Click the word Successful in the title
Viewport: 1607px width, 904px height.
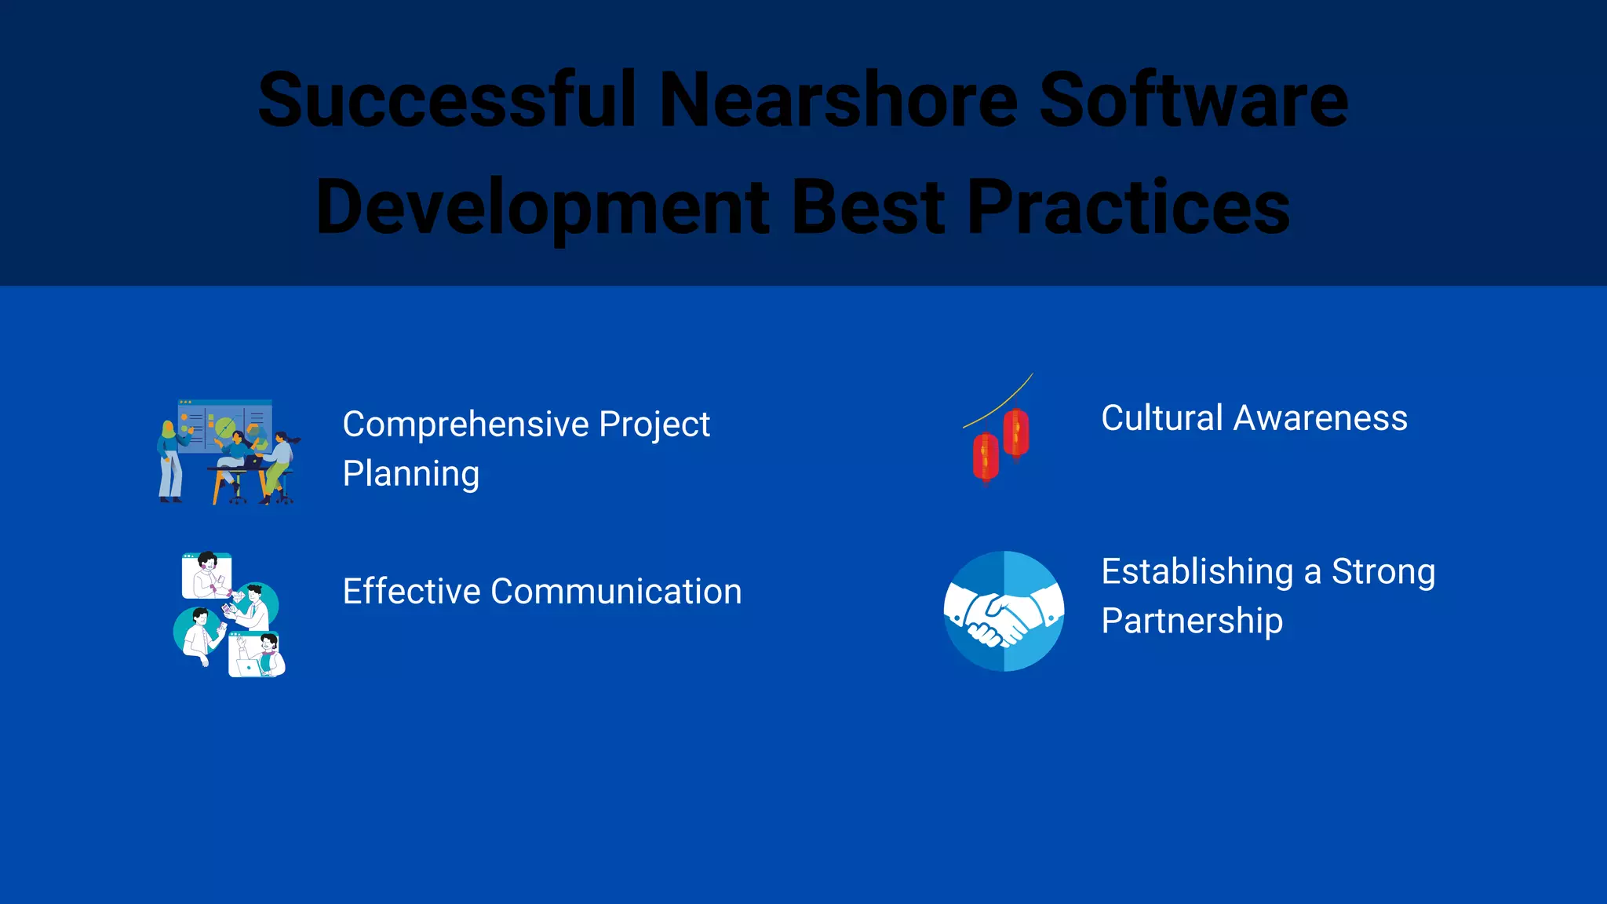click(x=447, y=100)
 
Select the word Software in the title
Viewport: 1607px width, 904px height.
click(x=1193, y=100)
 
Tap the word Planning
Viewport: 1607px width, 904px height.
click(x=410, y=474)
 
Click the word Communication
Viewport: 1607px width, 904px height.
click(x=616, y=592)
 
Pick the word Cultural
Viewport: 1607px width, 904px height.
click(x=1161, y=418)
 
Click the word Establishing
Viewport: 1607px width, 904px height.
click(x=1197, y=572)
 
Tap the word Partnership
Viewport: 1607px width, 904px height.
click(x=1191, y=621)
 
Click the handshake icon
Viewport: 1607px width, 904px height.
click(x=1004, y=611)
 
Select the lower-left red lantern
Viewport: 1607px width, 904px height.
click(x=986, y=457)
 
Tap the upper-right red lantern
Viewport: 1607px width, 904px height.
click(x=1016, y=432)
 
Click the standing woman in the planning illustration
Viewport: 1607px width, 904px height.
click(x=169, y=462)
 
